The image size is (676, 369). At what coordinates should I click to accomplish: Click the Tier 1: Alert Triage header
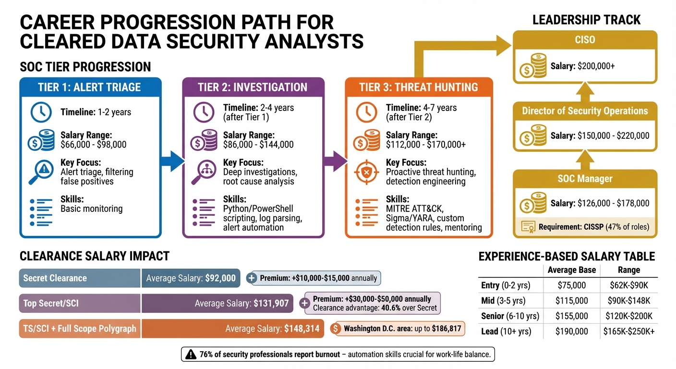90,87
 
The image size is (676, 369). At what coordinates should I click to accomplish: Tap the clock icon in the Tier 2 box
204,112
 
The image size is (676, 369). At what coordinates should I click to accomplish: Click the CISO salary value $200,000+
596,66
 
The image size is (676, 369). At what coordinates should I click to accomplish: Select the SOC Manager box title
585,179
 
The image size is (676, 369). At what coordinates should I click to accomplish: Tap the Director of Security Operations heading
585,111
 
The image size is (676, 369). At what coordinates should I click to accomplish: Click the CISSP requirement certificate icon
529,226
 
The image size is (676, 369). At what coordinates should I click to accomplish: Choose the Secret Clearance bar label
55,278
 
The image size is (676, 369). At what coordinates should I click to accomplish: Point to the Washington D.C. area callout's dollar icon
336,329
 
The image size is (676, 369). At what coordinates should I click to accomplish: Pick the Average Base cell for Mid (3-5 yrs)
571,301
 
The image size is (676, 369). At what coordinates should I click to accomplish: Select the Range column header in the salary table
628,270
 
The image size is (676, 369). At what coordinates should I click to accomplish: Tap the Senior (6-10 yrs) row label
510,316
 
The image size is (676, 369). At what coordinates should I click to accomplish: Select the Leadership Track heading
586,20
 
